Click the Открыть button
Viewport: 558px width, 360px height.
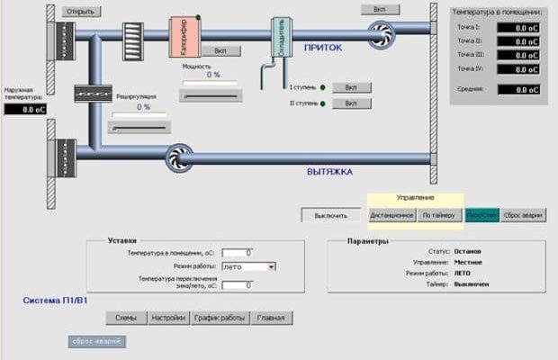(x=81, y=12)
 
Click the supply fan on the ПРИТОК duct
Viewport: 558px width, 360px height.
(x=381, y=35)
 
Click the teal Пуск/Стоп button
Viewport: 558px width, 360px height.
(x=481, y=216)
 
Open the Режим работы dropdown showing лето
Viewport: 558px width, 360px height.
(x=248, y=267)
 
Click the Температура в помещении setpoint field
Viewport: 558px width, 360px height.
(x=238, y=253)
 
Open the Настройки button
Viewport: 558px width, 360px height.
(x=168, y=318)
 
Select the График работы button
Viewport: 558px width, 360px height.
(x=220, y=318)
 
